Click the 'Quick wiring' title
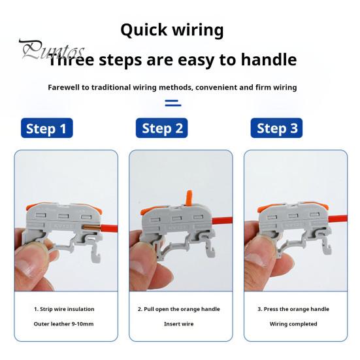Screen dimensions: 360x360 172,30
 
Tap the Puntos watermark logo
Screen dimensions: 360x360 52,50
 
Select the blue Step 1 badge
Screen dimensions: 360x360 46,128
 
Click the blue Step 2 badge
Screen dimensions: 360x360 162,128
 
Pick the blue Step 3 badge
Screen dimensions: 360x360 277,128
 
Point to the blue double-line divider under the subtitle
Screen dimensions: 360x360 172,103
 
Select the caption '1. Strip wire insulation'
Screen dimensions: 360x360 64,309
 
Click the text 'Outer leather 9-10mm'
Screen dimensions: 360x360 64,324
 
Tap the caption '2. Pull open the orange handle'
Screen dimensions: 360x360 178,309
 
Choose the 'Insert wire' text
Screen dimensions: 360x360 178,324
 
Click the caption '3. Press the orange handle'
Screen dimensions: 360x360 293,309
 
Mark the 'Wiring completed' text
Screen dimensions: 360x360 293,324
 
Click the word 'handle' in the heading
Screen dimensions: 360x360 265,61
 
